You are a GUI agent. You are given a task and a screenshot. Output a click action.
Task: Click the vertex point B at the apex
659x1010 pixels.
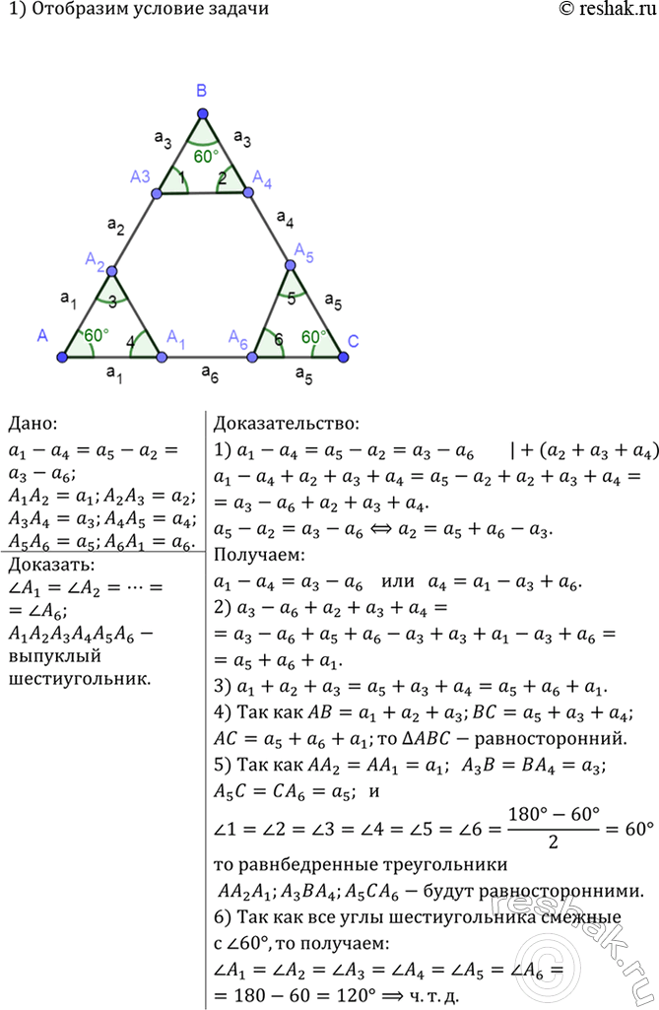pos(203,114)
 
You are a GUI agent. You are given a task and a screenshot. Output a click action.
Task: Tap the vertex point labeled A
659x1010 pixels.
pos(62,357)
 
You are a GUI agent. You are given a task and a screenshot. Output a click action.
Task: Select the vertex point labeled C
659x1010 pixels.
pos(344,357)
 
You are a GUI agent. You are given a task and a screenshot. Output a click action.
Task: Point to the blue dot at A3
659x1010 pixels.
pos(157,192)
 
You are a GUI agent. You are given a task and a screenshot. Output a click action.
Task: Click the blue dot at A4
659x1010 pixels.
pos(248,191)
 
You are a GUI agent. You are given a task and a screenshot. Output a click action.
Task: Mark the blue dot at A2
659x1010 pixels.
pos(112,271)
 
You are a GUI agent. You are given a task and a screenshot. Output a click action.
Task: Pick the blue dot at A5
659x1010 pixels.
pos(290,265)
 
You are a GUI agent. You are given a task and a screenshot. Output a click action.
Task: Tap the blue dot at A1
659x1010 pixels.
pos(162,357)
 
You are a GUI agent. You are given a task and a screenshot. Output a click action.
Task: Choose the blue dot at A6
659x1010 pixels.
pos(254,357)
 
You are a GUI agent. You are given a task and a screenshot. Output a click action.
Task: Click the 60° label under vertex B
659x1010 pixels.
pos(206,157)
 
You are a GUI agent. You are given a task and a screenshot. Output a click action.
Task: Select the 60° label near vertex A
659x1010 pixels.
pos(97,335)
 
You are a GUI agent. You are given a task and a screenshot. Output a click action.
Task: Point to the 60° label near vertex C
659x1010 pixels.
pos(314,337)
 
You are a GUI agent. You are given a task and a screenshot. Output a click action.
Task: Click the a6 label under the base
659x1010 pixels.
pos(210,372)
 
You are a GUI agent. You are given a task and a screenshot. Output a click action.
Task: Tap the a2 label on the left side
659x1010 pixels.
pos(116,226)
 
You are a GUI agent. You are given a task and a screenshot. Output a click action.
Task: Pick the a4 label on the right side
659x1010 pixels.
pos(285,219)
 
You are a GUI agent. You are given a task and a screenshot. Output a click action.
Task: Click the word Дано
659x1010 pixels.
pos(33,424)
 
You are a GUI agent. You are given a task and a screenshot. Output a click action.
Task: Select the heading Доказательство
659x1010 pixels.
pos(287,424)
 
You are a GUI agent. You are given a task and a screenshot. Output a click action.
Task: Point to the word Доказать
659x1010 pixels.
pos(51,565)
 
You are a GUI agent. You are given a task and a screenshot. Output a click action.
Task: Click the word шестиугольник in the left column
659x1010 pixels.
pos(80,678)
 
